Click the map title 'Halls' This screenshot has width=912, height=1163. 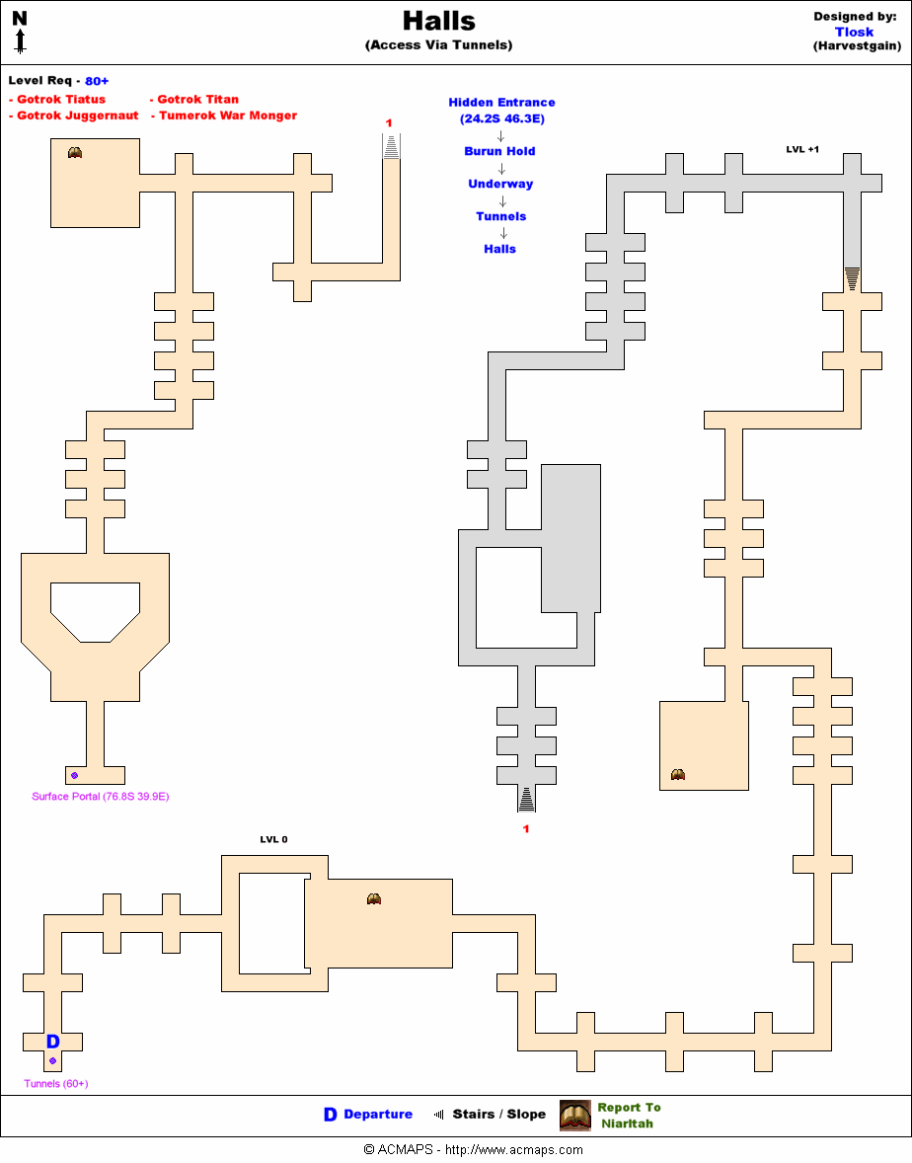438,22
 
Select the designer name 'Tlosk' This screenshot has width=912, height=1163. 854,32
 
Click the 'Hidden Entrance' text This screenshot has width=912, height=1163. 501,103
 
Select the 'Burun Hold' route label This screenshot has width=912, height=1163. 499,151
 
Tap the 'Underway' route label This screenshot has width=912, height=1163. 500,184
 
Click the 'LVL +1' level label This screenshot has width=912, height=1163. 802,149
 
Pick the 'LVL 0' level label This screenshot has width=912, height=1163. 273,839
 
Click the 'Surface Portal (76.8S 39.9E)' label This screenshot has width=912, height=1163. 101,797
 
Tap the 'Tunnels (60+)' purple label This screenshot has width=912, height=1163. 56,1084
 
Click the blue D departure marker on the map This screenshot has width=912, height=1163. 53,1042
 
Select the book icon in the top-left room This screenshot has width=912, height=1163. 75,152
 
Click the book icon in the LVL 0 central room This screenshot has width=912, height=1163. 374,898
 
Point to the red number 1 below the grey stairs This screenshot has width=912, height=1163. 526,829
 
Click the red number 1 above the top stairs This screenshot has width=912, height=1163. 389,122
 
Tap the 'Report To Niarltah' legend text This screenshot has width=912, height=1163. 628,1116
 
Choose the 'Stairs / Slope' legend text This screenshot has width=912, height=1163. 498,1115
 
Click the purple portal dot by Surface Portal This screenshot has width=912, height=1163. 74,775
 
